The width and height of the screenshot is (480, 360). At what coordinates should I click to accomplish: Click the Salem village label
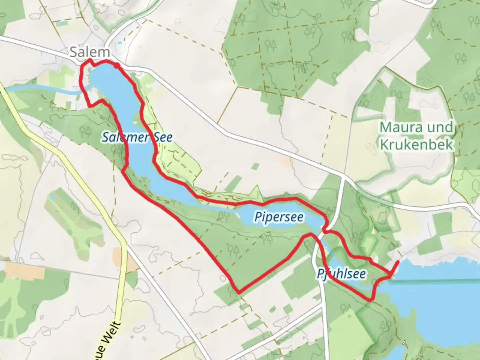(89, 52)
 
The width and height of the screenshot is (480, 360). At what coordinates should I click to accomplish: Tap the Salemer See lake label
(137, 137)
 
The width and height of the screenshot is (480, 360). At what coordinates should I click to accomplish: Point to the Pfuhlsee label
(341, 274)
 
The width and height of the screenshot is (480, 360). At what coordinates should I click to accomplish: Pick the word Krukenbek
(417, 145)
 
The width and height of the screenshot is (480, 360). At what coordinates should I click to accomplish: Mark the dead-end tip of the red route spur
(398, 262)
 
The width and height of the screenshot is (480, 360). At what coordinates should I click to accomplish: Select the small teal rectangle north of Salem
(61, 24)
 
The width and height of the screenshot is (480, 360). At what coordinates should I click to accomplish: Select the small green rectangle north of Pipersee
(255, 166)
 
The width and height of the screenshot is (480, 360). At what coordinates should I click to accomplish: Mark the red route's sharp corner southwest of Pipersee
(238, 292)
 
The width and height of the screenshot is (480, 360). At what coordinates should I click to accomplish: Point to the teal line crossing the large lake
(433, 282)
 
